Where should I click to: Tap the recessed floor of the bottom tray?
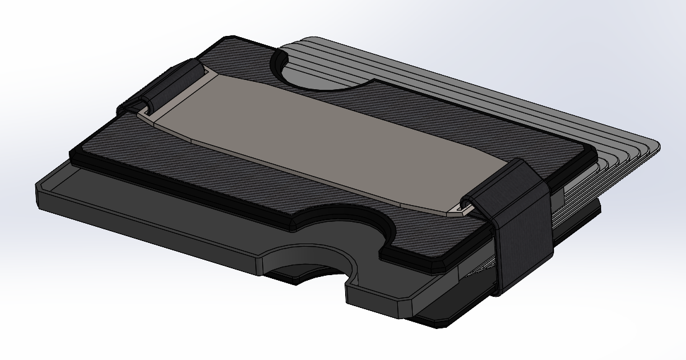[x=155, y=204]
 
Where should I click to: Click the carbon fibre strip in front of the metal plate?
[x=248, y=186]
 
